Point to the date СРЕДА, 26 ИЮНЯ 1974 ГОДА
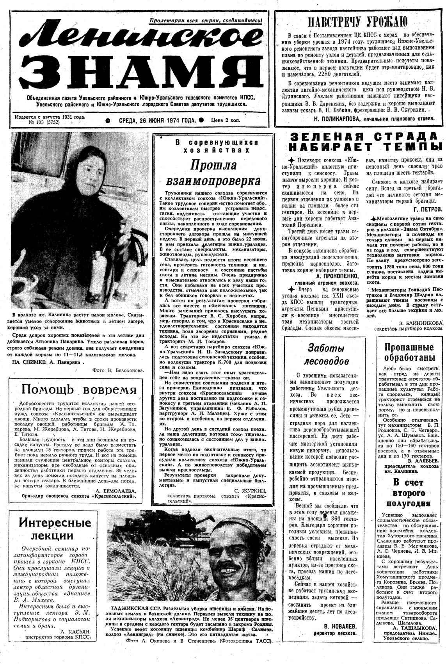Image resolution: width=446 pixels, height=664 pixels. click(157, 121)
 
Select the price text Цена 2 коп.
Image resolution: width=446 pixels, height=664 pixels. click(226, 121)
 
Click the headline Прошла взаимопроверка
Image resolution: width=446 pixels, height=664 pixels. click(213, 173)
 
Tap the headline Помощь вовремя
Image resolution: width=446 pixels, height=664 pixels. click(79, 389)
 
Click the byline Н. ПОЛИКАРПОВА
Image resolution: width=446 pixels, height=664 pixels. click(338, 118)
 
